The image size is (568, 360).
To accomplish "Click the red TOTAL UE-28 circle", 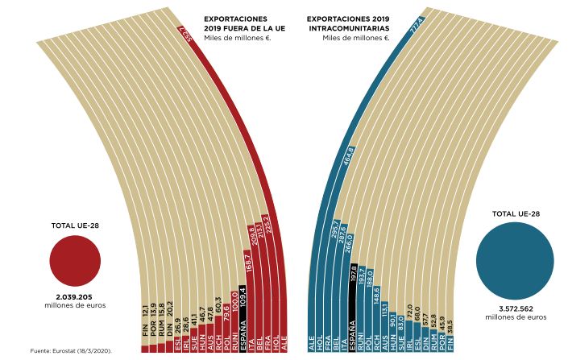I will click(75, 260).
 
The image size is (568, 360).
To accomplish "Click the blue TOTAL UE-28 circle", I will click(515, 261).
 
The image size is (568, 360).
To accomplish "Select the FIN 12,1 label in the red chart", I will click(145, 326).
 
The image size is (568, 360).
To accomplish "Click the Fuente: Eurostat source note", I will click(70, 352).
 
